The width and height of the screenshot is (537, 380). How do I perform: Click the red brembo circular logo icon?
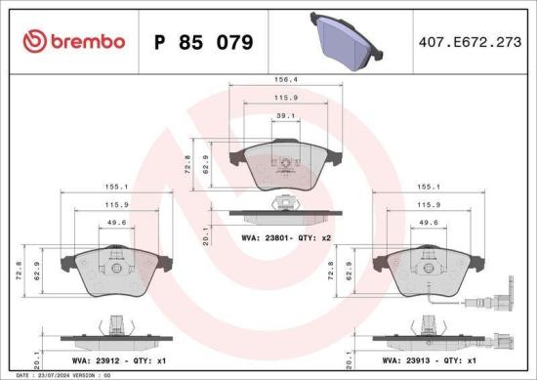(x=33, y=42)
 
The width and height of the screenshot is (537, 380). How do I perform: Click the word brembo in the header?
(x=87, y=42)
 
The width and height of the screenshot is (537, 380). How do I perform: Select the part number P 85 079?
(x=205, y=43)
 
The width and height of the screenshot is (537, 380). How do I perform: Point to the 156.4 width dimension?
(x=284, y=82)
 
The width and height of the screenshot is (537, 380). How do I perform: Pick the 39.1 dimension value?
(x=284, y=116)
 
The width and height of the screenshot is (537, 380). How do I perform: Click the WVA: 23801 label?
(x=263, y=236)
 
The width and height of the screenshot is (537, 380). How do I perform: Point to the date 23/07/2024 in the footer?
(x=51, y=375)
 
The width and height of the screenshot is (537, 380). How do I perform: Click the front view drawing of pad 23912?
(x=115, y=269)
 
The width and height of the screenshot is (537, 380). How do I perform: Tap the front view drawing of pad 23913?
(x=426, y=269)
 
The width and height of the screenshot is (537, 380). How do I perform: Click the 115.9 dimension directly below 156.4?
(x=284, y=100)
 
